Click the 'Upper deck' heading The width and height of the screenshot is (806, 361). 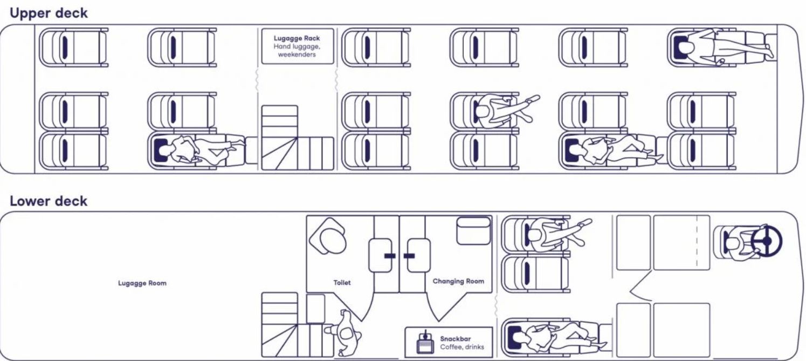pyautogui.click(x=49, y=13)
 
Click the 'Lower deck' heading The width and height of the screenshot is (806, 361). pyautogui.click(x=49, y=201)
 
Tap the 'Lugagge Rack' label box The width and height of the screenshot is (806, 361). pyautogui.click(x=297, y=46)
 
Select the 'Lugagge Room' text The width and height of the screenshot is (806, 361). pyautogui.click(x=142, y=283)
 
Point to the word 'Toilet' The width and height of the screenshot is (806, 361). pyautogui.click(x=342, y=282)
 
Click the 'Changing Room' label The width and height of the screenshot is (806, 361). pyautogui.click(x=458, y=281)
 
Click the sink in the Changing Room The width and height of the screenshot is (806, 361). pyautogui.click(x=473, y=231)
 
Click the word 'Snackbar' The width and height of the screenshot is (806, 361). pyautogui.click(x=456, y=339)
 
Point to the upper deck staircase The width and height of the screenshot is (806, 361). pyautogui.click(x=297, y=138)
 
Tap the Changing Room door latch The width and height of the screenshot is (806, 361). pyautogui.click(x=409, y=255)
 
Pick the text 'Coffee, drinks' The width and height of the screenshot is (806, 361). pyautogui.click(x=462, y=347)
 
